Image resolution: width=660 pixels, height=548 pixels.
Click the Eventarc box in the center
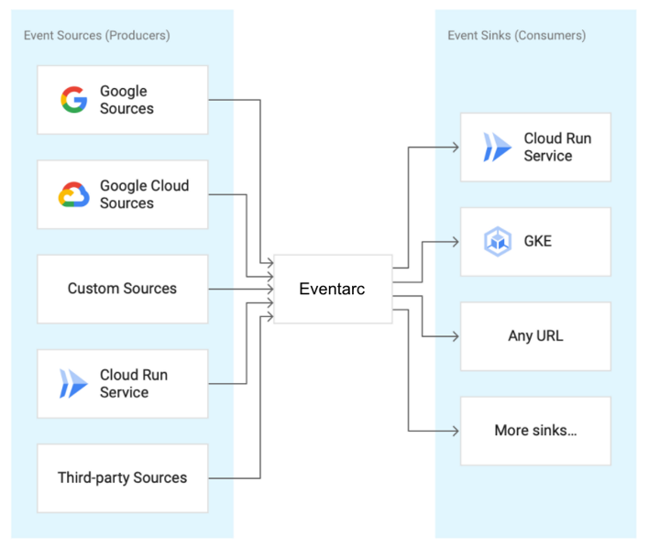pyautogui.click(x=333, y=289)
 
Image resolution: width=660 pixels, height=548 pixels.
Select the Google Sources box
pyautogui.click(x=123, y=100)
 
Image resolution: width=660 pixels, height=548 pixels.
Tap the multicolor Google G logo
pyautogui.click(x=73, y=100)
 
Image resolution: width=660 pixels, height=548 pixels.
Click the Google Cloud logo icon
pyautogui.click(x=73, y=194)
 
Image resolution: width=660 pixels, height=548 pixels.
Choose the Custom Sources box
pyautogui.click(x=123, y=289)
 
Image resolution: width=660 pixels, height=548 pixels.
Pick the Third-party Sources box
pyautogui.click(x=123, y=477)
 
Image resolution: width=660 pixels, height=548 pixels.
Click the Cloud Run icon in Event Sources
pyautogui.click(x=73, y=383)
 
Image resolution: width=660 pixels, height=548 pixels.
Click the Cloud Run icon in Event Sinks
pyautogui.click(x=497, y=148)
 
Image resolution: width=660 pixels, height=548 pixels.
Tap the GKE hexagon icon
pyautogui.click(x=497, y=242)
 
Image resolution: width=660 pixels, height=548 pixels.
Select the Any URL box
pyautogui.click(x=535, y=336)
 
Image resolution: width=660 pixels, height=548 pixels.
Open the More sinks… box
pyautogui.click(x=535, y=431)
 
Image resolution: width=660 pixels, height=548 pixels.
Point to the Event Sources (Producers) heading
pyautogui.click(x=96, y=35)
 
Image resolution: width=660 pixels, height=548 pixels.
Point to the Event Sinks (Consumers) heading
pyautogui.click(x=516, y=35)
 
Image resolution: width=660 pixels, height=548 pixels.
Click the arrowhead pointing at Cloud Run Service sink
pyautogui.click(x=455, y=147)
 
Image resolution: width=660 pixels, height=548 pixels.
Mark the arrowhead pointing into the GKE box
pyautogui.click(x=455, y=242)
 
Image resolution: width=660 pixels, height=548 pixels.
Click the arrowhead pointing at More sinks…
pyautogui.click(x=455, y=431)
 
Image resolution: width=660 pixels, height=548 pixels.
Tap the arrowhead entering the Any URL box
pyautogui.click(x=455, y=336)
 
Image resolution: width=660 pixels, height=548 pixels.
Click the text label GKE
pyautogui.click(x=538, y=242)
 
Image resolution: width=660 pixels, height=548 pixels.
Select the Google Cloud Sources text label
pyautogui.click(x=144, y=194)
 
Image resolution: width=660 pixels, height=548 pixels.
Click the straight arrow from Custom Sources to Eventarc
pyautogui.click(x=240, y=289)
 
